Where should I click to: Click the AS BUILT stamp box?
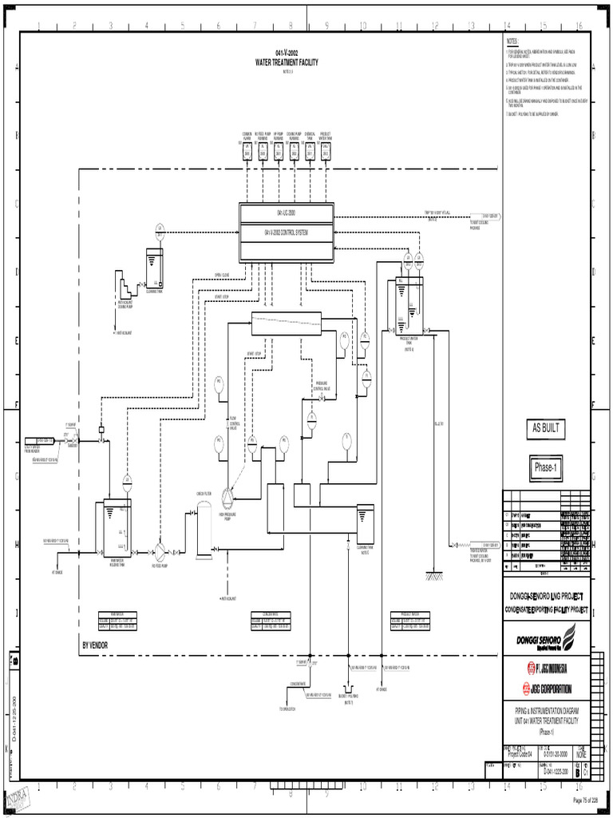pos(547,428)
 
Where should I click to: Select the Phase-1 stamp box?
pos(547,468)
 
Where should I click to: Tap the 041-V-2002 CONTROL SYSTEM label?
pos(286,232)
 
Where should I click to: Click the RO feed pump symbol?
pos(159,551)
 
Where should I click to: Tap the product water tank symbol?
pos(407,307)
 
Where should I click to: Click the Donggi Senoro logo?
pos(547,639)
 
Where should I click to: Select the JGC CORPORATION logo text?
pos(552,689)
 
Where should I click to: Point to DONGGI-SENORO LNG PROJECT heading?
pos(547,597)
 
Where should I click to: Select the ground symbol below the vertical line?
pos(433,574)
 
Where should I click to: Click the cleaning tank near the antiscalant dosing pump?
pos(156,269)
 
